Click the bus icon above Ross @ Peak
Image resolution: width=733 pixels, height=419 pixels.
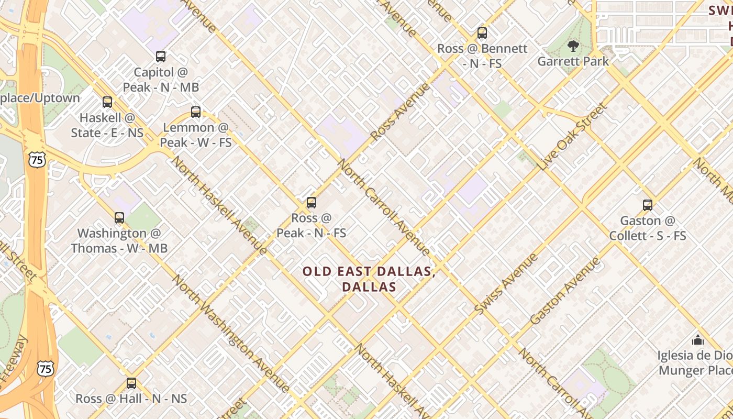pos(312,203)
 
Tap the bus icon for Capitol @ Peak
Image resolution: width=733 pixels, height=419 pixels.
pos(161,57)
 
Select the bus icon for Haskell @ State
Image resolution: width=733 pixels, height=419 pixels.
pos(107,102)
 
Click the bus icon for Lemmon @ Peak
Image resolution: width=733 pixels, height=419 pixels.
pos(196,112)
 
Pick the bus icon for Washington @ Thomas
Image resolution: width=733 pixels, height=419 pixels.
pos(119,218)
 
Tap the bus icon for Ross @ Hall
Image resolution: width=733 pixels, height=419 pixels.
pos(131,383)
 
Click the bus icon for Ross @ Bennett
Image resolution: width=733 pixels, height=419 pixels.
pos(482,33)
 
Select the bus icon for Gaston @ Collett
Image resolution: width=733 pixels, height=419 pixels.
pos(648,205)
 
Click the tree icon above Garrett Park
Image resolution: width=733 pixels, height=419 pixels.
pos(573,46)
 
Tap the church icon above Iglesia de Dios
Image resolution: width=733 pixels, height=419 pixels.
pos(697,340)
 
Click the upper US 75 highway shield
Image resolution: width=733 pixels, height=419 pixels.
pos(37,160)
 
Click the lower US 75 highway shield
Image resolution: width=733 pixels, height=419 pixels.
pos(46,369)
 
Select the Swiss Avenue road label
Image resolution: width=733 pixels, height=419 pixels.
pos(506,284)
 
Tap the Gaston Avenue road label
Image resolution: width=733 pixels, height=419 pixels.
pos(565,290)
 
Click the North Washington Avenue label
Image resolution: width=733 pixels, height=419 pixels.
pos(230,333)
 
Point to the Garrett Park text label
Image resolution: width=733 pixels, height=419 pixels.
pos(573,61)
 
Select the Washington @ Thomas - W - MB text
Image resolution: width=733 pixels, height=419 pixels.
pos(119,240)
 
